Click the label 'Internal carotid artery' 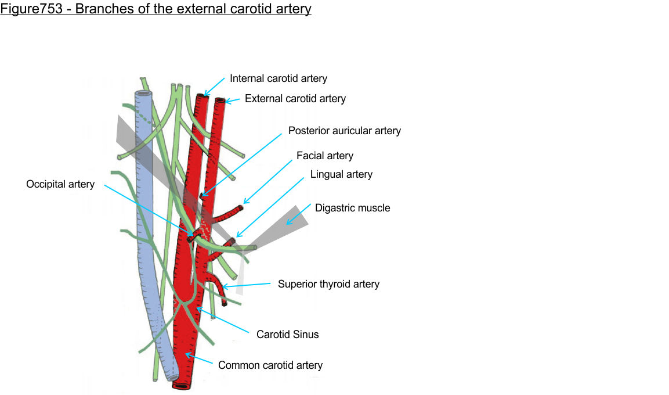279,78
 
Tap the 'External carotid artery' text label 295,99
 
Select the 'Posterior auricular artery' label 344,131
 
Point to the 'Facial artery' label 324,156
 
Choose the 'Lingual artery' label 341,174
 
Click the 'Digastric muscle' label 352,208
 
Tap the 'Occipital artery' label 60,184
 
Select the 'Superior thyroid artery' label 328,284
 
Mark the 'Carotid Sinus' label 287,334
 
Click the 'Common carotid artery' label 270,365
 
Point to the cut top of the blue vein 143,94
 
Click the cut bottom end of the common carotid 182,386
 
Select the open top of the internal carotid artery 201,96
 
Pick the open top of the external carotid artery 220,100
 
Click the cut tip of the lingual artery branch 233,240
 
